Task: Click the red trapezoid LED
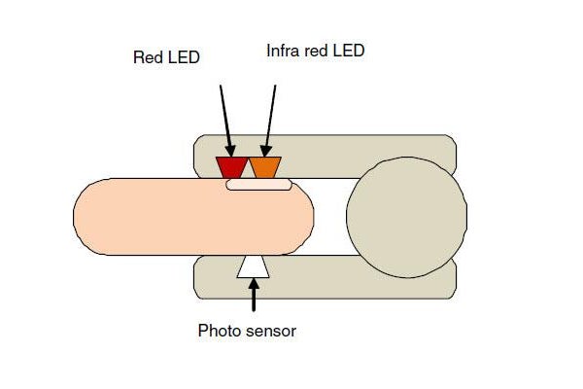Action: click(x=231, y=167)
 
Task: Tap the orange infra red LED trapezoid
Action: click(x=265, y=167)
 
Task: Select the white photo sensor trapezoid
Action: click(x=254, y=266)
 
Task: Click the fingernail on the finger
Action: click(x=259, y=184)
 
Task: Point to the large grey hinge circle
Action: click(x=407, y=218)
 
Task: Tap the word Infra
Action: click(x=284, y=51)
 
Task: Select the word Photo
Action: click(x=218, y=331)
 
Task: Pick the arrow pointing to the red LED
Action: click(x=226, y=121)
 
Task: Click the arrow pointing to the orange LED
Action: click(x=269, y=121)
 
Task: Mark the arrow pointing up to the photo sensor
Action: click(x=254, y=295)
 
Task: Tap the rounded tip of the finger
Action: click(x=302, y=217)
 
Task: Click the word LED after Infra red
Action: click(x=349, y=51)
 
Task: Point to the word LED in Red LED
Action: click(x=184, y=57)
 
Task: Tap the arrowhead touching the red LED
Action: click(x=231, y=151)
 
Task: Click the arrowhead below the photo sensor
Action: click(x=254, y=284)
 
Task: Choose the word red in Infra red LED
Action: click(x=317, y=52)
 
